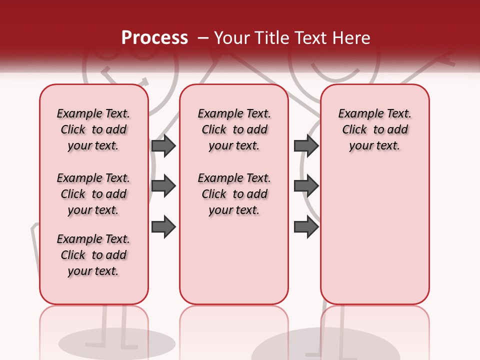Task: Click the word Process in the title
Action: [x=154, y=37]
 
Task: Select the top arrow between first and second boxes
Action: [x=163, y=145]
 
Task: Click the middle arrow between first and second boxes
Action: [x=163, y=186]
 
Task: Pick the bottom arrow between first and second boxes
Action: [x=163, y=227]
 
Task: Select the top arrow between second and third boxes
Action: [x=306, y=145]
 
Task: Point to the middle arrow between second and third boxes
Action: [x=306, y=186]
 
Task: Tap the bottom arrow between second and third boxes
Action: [x=306, y=227]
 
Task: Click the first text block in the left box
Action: [x=93, y=129]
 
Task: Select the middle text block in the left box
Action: [x=93, y=194]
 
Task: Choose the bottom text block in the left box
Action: [x=93, y=255]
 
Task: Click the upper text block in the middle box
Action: [x=234, y=129]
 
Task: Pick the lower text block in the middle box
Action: [x=234, y=194]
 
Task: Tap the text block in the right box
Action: [x=374, y=129]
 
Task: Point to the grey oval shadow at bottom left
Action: [x=117, y=343]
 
